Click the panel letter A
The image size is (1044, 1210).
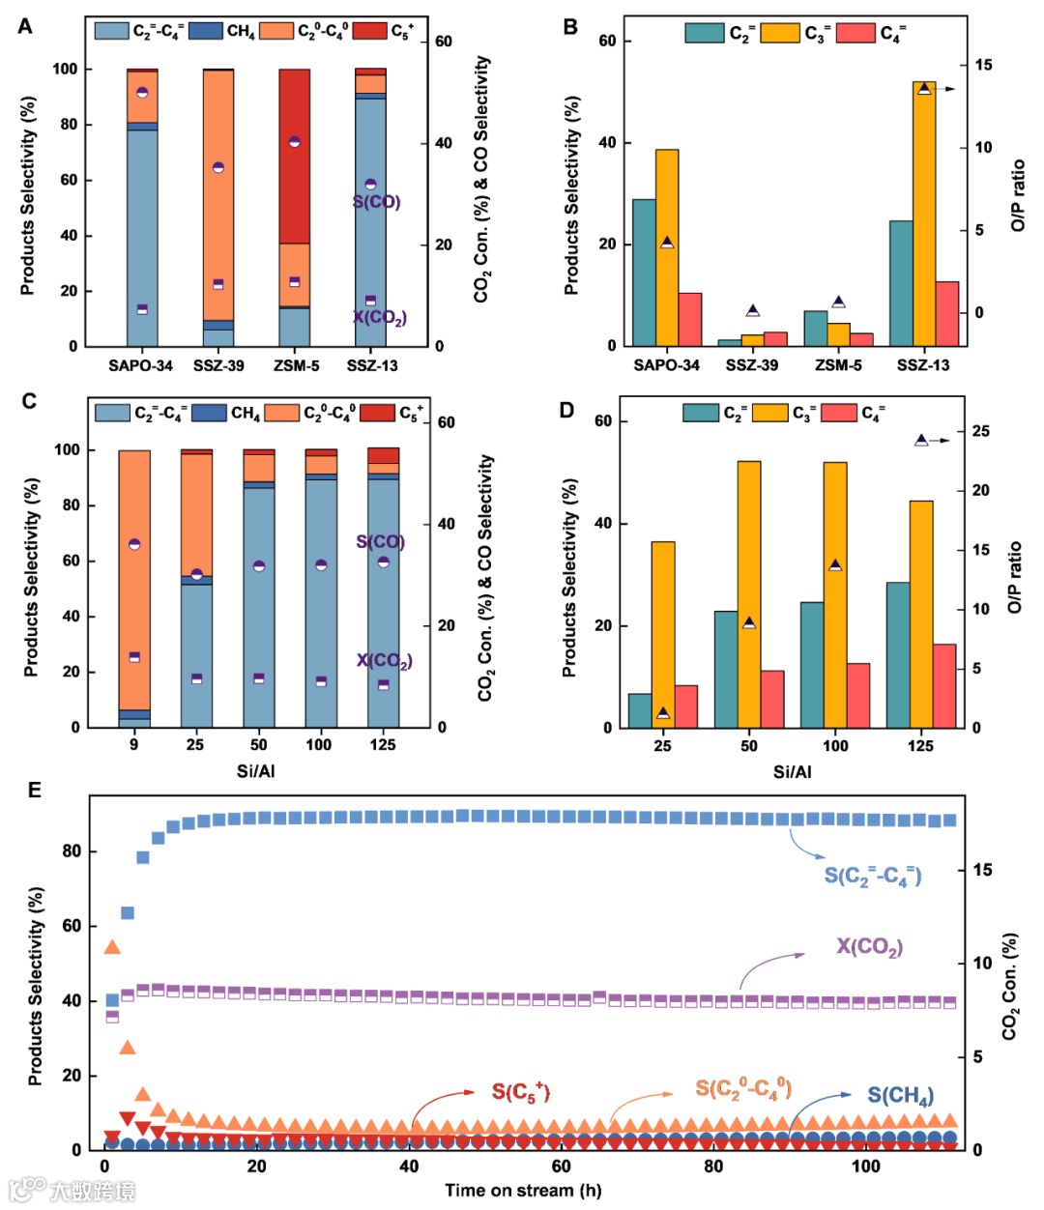(25, 26)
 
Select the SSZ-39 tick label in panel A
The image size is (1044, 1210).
(218, 365)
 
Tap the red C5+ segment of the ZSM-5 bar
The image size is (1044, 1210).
(294, 155)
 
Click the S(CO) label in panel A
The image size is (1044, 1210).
(376, 202)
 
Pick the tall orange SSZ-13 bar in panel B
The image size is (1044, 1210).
(923, 213)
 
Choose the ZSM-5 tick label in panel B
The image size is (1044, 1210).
(838, 365)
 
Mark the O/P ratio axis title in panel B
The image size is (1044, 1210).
(1018, 195)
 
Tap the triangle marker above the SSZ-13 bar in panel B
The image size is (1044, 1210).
(924, 89)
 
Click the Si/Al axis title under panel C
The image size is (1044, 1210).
(256, 771)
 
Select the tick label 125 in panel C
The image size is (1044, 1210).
(383, 745)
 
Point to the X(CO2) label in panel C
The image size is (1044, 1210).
(384, 660)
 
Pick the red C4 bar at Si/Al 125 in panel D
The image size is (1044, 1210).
(944, 685)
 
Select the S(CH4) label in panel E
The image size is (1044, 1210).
(900, 1095)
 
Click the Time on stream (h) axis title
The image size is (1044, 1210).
(523, 1191)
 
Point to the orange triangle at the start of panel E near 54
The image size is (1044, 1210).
(112, 948)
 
